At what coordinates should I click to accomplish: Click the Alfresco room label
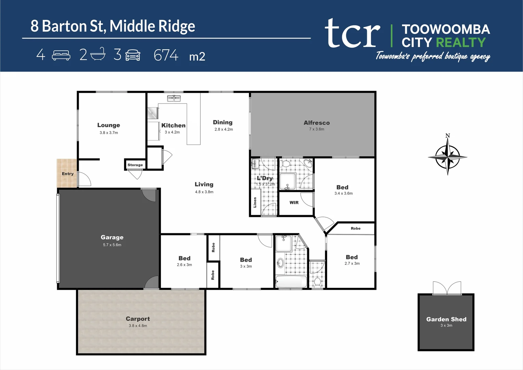tap(316, 123)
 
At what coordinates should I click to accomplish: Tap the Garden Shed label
tap(446, 319)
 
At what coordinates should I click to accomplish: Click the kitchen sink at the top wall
tap(174, 99)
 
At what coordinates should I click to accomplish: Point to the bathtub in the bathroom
tap(291, 282)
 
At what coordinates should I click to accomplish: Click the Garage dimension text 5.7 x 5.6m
tap(112, 245)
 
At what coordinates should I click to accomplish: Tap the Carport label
tap(138, 319)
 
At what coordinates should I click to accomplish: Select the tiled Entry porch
tap(67, 173)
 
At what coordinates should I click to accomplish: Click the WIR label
tap(294, 202)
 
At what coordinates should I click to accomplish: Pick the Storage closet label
tap(135, 165)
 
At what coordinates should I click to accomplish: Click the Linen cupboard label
tap(255, 202)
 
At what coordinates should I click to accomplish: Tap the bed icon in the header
tap(61, 55)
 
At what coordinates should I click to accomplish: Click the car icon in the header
tap(133, 55)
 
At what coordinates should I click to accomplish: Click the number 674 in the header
tap(166, 55)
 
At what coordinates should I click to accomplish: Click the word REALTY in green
tap(461, 42)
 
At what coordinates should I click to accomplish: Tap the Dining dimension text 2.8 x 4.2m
tap(224, 129)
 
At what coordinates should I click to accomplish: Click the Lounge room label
tap(109, 125)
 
